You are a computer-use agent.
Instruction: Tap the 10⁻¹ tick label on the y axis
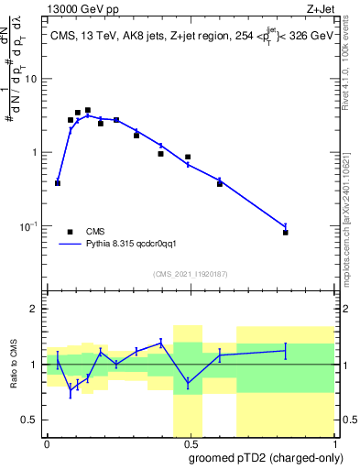click(x=31, y=225)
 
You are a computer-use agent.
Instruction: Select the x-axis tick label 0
click(x=47, y=442)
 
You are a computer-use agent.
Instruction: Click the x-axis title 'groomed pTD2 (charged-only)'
click(x=266, y=457)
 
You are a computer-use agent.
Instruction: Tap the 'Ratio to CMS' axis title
click(x=14, y=364)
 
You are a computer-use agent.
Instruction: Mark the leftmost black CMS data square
click(x=58, y=183)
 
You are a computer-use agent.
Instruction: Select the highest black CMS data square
click(x=88, y=110)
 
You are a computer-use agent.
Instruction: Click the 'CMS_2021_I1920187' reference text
click(x=190, y=274)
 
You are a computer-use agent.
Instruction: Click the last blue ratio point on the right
click(x=286, y=350)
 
